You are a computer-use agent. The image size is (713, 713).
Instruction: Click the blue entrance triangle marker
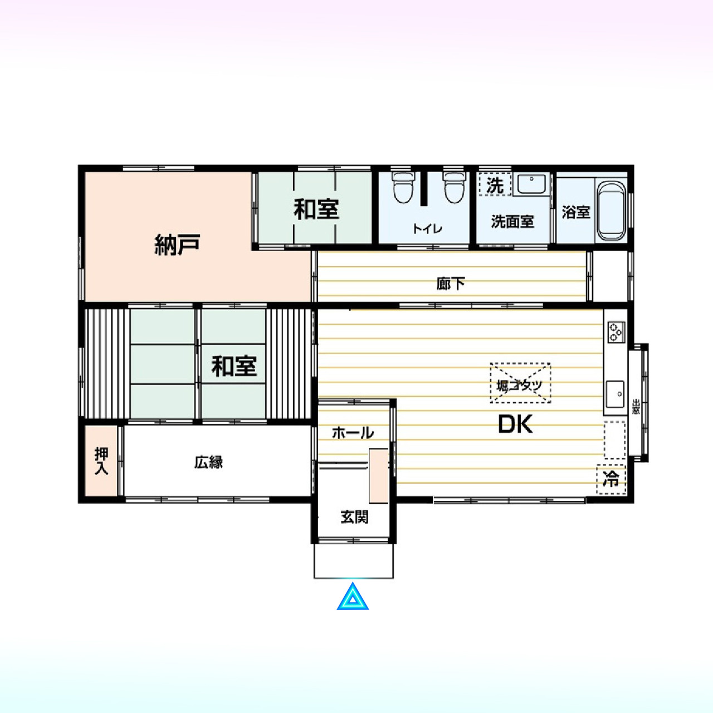[352, 597]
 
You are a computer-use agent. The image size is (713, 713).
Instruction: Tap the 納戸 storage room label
[178, 244]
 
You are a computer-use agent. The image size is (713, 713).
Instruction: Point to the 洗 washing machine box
[495, 184]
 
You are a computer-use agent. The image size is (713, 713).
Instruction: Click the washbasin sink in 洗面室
[531, 184]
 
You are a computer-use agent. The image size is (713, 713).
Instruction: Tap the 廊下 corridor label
[450, 284]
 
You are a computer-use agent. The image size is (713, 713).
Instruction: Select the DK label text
[515, 424]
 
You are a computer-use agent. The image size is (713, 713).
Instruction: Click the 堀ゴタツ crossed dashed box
[520, 383]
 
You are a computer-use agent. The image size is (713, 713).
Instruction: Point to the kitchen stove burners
[616, 331]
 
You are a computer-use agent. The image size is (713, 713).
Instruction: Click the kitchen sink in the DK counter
[615, 394]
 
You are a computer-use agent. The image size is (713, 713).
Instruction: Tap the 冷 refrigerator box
[611, 479]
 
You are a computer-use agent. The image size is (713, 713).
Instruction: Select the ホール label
[353, 433]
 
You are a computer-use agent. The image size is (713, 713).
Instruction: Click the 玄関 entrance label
[354, 517]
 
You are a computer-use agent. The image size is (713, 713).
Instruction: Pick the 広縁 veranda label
[208, 462]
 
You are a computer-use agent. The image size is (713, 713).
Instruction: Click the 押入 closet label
[101, 461]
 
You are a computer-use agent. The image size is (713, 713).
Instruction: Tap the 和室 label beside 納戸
[316, 209]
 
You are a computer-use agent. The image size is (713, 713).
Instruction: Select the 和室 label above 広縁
[234, 366]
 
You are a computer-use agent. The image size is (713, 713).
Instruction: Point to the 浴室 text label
[576, 212]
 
